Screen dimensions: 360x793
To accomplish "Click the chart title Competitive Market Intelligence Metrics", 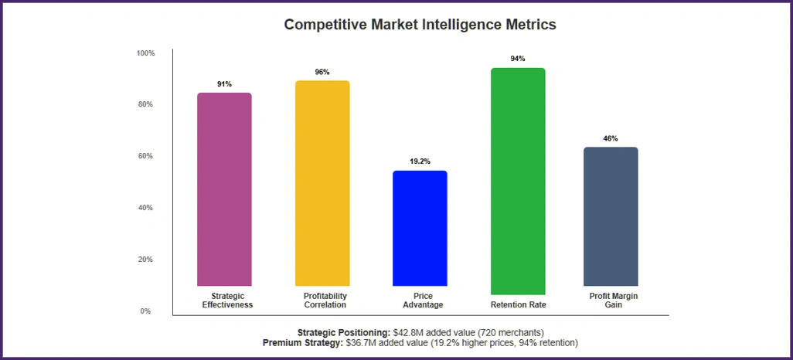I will [420, 24].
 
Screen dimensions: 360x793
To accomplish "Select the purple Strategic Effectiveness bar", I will [224, 189].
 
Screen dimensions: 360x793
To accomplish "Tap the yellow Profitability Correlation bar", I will [322, 183].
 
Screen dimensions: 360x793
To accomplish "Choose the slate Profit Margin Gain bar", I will [611, 216].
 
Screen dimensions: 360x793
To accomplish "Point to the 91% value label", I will [224, 84].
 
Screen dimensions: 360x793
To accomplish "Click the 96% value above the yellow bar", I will [322, 72].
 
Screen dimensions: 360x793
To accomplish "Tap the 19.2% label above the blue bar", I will [420, 162].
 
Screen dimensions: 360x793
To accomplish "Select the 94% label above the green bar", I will [518, 59].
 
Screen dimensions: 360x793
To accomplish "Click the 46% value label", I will [611, 138].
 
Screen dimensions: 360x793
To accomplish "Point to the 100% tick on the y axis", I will [145, 53].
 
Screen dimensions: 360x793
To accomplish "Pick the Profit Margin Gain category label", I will [611, 300].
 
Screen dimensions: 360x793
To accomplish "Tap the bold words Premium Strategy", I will [301, 342].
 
